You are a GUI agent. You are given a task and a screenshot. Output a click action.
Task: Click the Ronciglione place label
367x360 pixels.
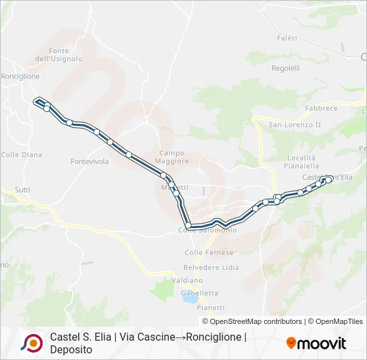pyautogui.click(x=20, y=77)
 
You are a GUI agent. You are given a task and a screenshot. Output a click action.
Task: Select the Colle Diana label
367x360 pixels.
pyautogui.click(x=21, y=155)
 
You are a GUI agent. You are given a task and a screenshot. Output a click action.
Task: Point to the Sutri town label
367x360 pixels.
pyautogui.click(x=23, y=190)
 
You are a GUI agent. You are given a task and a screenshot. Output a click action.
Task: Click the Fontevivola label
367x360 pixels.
pyautogui.click(x=89, y=161)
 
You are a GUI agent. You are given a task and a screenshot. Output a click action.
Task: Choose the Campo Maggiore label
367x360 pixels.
pyautogui.click(x=172, y=157)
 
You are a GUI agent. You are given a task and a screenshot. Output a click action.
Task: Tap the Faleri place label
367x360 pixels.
pyautogui.click(x=287, y=38)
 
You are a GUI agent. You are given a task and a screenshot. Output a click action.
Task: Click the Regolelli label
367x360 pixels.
pyautogui.click(x=286, y=68)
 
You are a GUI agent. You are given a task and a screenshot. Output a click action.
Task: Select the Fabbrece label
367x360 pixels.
pyautogui.click(x=321, y=108)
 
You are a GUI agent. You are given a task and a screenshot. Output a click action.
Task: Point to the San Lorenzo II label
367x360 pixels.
pyautogui.click(x=295, y=125)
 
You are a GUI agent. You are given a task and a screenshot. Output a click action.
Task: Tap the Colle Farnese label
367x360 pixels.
pyautogui.click(x=209, y=253)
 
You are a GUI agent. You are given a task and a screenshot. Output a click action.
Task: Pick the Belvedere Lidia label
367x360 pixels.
pyautogui.click(x=211, y=267)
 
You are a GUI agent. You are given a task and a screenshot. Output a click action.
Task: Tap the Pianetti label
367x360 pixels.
pyautogui.click(x=211, y=307)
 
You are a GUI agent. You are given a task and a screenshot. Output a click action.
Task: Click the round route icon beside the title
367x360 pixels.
pyautogui.click(x=31, y=343)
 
